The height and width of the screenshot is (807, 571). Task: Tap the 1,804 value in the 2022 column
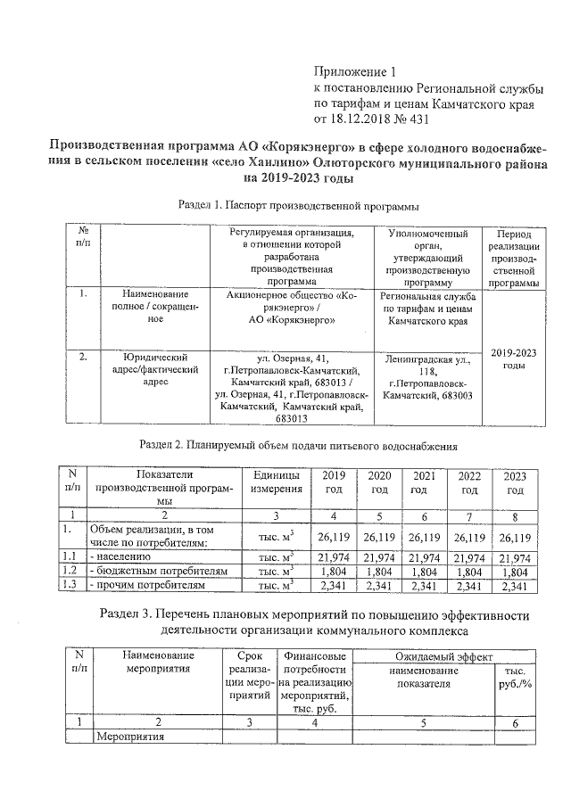coord(469,572)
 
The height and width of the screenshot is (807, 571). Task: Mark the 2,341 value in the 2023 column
coord(515,585)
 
